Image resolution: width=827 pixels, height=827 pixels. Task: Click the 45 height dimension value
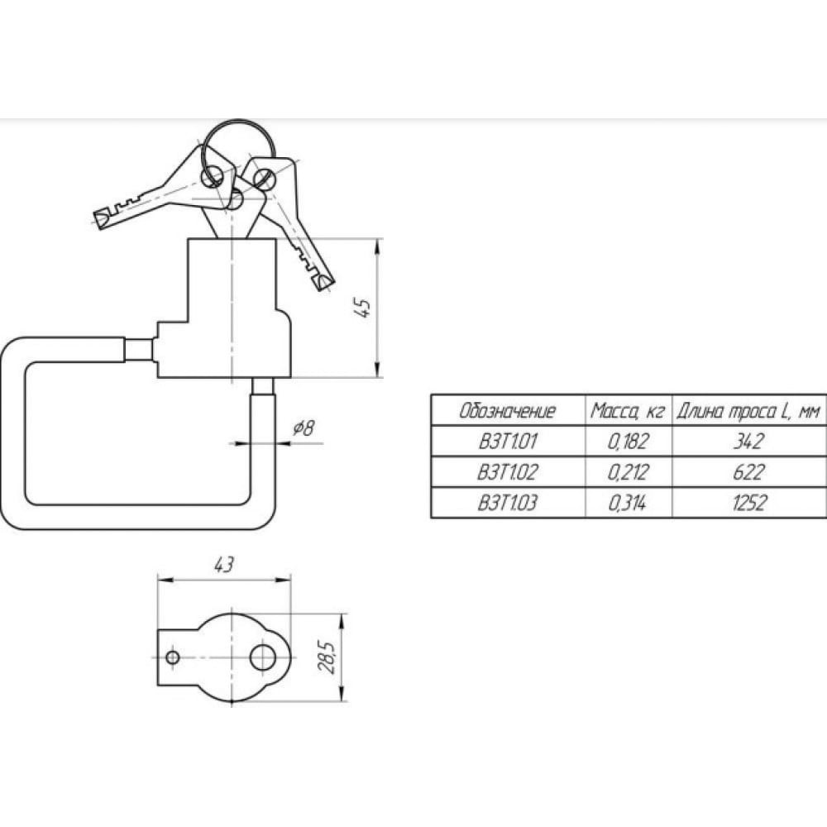(x=364, y=308)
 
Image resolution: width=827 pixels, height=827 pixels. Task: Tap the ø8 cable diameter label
(x=304, y=428)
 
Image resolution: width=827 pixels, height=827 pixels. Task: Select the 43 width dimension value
(x=223, y=565)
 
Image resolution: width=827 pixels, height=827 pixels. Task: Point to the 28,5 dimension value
(x=327, y=657)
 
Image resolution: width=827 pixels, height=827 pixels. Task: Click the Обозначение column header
(x=508, y=410)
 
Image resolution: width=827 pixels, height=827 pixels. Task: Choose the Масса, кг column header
(x=627, y=410)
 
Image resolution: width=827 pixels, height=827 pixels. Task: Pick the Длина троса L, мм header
(x=748, y=411)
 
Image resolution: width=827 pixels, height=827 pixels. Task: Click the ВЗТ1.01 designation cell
(x=507, y=441)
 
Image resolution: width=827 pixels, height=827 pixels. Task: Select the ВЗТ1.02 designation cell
(x=507, y=471)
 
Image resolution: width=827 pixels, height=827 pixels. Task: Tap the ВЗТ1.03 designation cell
(x=507, y=503)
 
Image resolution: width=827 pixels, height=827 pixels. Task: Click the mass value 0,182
(x=628, y=442)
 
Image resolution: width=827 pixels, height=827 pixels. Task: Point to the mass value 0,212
(x=628, y=472)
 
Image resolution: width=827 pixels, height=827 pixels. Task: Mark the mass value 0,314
(x=627, y=503)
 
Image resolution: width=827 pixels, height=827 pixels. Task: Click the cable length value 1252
(x=749, y=503)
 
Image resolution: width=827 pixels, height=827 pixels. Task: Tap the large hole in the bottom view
(x=263, y=657)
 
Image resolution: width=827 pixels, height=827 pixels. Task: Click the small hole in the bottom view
(x=173, y=657)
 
